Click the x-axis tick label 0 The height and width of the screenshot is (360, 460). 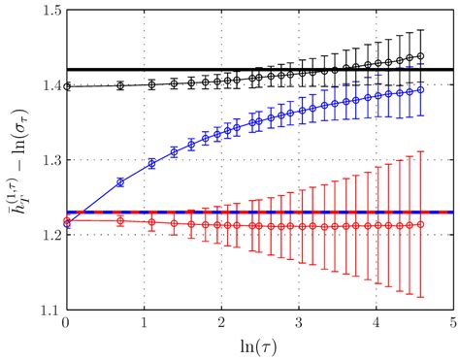[x=66, y=323]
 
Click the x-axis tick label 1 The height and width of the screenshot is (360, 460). [x=144, y=323]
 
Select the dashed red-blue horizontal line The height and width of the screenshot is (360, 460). [x=291, y=212]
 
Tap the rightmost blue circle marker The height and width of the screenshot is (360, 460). [x=420, y=90]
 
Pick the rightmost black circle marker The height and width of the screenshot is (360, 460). [x=420, y=55]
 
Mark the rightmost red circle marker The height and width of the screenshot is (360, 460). [x=420, y=224]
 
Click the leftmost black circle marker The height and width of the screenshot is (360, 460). [x=66, y=86]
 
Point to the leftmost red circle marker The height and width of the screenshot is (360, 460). [x=66, y=221]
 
